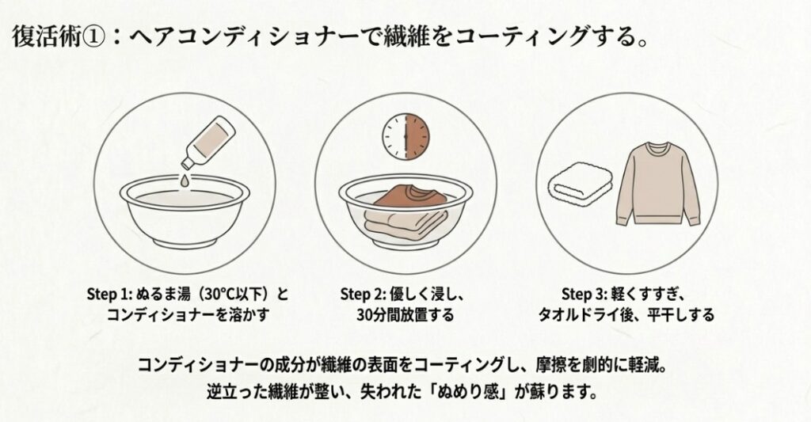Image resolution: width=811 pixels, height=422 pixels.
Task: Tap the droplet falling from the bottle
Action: (x=184, y=181)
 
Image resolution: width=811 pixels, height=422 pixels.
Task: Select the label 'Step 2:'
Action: (x=366, y=295)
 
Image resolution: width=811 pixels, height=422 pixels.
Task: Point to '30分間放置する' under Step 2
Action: (x=405, y=314)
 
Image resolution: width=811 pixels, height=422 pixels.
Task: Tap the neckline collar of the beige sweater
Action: (x=659, y=148)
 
